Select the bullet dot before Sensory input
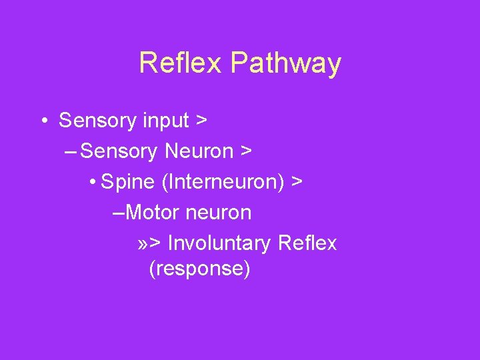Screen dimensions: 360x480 pyautogui.click(x=43, y=121)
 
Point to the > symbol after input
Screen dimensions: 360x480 pyautogui.click(x=201, y=121)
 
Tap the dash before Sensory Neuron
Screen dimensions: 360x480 pyautogui.click(x=71, y=152)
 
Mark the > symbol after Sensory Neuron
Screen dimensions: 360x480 pyautogui.click(x=246, y=152)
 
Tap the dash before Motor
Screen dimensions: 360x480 pyautogui.click(x=119, y=213)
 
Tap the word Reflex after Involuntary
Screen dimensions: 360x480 pyautogui.click(x=308, y=243)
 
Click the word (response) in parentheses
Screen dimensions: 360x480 pyautogui.click(x=199, y=269)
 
